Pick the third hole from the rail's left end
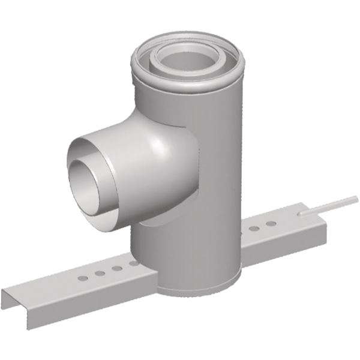[116, 268]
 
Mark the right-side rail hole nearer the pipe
[255, 229]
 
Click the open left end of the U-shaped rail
[13, 300]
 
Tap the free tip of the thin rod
[356, 197]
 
